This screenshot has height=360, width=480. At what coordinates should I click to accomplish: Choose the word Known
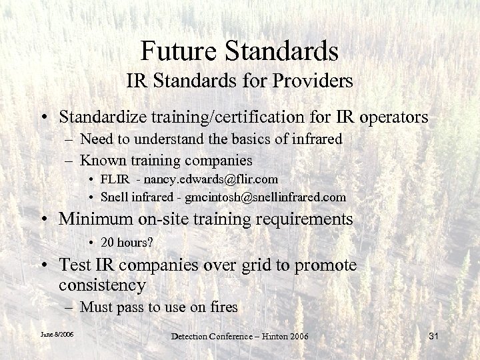point(100,161)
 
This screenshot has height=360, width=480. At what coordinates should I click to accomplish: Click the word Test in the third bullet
point(73,265)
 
